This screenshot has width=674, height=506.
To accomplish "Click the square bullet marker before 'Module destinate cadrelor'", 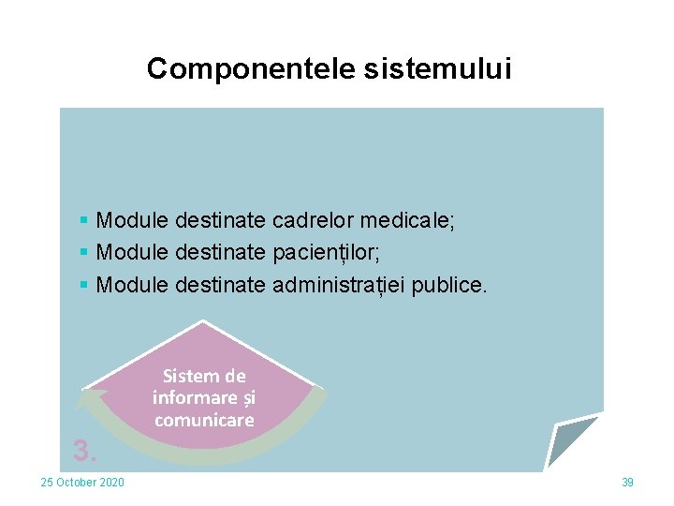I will [84, 221].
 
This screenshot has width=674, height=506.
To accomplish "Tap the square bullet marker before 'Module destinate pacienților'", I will [84, 252].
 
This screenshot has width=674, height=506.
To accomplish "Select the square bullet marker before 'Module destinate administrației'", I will [84, 283].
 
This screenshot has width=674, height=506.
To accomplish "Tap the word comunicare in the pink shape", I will [204, 420].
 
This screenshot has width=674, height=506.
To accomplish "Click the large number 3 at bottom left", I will [84, 452].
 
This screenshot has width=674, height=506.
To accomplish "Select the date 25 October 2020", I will [82, 483].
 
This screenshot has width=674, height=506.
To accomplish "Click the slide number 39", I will [627, 483].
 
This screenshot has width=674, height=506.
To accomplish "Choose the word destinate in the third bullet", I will [220, 283].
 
